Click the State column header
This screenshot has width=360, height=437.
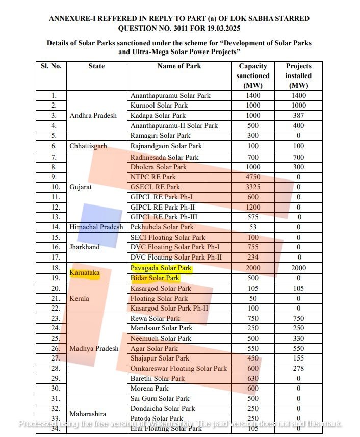(x=96, y=66)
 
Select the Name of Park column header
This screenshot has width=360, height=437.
(x=179, y=66)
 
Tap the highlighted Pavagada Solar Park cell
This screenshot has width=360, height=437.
(x=161, y=268)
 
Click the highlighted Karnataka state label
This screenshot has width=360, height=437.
(x=85, y=273)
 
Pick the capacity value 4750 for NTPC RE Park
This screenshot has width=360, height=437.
(x=253, y=177)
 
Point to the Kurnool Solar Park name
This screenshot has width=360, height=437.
(x=159, y=106)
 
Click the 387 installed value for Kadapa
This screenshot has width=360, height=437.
(x=298, y=116)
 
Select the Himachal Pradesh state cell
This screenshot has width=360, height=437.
(x=96, y=227)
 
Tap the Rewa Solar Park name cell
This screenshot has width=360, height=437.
(x=155, y=319)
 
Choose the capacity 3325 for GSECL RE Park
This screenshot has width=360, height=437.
(x=253, y=187)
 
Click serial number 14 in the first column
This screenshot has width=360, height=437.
(x=51, y=227)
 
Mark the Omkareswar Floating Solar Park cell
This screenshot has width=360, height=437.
(x=178, y=369)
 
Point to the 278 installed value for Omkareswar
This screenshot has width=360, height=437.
(x=298, y=369)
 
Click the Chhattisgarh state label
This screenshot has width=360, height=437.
(x=88, y=146)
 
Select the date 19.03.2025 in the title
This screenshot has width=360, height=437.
(x=219, y=29)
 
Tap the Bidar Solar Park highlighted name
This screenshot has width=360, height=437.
(x=155, y=278)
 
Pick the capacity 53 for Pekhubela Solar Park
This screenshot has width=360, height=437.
(x=253, y=227)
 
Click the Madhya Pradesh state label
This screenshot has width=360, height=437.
(x=94, y=349)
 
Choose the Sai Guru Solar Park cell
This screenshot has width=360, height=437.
(x=160, y=399)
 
